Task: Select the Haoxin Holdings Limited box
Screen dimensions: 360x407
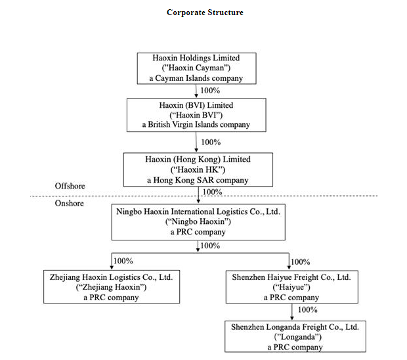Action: click(x=197, y=68)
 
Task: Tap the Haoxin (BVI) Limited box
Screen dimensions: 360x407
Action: click(x=196, y=114)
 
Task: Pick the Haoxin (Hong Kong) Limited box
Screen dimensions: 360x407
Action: click(x=198, y=169)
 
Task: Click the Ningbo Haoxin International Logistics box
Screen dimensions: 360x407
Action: click(x=198, y=221)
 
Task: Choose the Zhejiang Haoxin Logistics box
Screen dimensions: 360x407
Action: click(x=111, y=287)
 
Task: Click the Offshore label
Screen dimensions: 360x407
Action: click(x=70, y=187)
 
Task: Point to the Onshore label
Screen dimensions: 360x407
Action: click(x=69, y=204)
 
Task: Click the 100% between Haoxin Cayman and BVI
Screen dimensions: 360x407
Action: click(x=210, y=91)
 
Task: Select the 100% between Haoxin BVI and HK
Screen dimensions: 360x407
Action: click(x=210, y=142)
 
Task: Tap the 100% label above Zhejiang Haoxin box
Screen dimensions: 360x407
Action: click(x=123, y=261)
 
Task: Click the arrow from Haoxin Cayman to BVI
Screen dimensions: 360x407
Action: click(x=197, y=91)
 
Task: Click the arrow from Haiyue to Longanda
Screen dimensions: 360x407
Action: click(x=289, y=312)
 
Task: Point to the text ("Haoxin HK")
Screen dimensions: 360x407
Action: click(x=198, y=169)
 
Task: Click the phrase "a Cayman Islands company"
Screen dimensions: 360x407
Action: click(x=197, y=78)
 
